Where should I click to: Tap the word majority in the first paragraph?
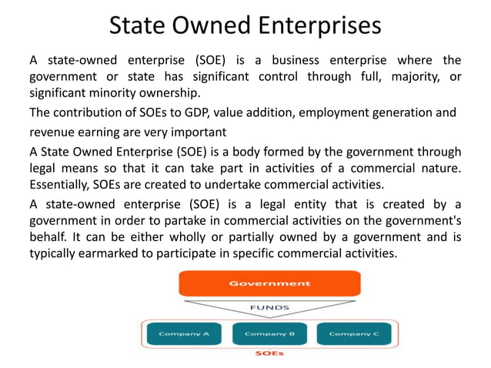pyautogui.click(x=396, y=77)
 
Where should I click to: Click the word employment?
pyautogui.click(x=336, y=112)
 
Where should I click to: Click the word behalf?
pyautogui.click(x=48, y=237)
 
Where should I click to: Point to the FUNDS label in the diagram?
pyautogui.click(x=269, y=306)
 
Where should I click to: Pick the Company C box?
pyautogui.click(x=353, y=333)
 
